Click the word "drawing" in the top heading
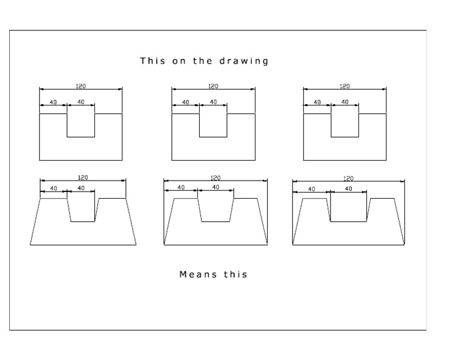pyautogui.click(x=245, y=61)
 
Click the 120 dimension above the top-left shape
pyautogui.click(x=81, y=87)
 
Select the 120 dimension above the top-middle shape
pyautogui.click(x=213, y=87)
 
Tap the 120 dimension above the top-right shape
pyautogui.click(x=345, y=87)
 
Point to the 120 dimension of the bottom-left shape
pyautogui.click(x=83, y=178)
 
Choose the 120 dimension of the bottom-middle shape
pyautogui.click(x=215, y=178)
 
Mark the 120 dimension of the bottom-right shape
pyautogui.click(x=348, y=178)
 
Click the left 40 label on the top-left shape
pyautogui.click(x=53, y=102)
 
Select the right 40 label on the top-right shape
pyautogui.click(x=345, y=102)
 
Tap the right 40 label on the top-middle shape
pyautogui.click(x=213, y=102)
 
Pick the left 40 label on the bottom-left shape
pyautogui.click(x=53, y=188)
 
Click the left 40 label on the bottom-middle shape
pyautogui.click(x=180, y=188)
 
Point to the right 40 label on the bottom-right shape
pyautogui.click(x=348, y=189)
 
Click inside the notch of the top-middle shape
pyautogui.click(x=213, y=124)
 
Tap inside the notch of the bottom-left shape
pyautogui.click(x=82, y=209)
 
